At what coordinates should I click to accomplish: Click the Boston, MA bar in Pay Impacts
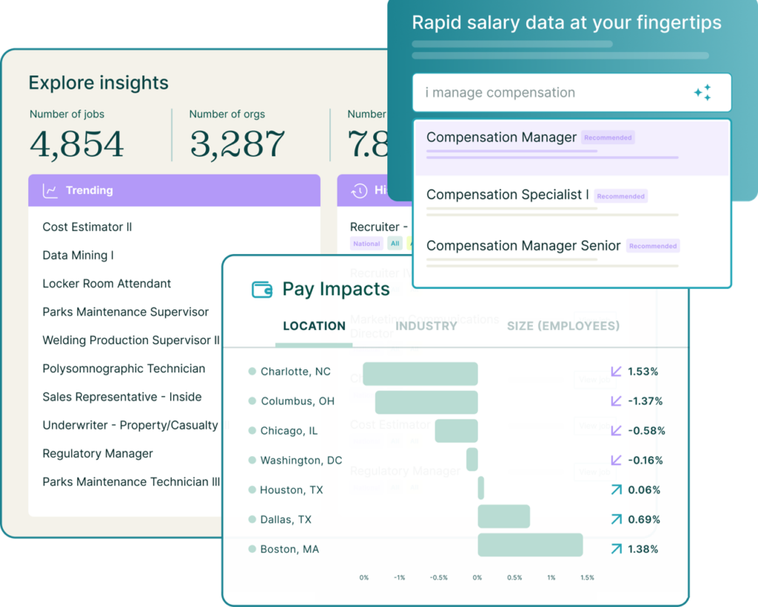pyautogui.click(x=530, y=545)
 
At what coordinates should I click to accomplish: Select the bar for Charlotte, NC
pyautogui.click(x=420, y=373)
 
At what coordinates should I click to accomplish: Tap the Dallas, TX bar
pyautogui.click(x=503, y=516)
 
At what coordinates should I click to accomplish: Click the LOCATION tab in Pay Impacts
pyautogui.click(x=314, y=326)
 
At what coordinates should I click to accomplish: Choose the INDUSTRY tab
pyautogui.click(x=426, y=326)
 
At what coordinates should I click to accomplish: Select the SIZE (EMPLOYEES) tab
pyautogui.click(x=563, y=326)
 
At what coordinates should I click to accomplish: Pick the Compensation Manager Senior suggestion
pyautogui.click(x=523, y=246)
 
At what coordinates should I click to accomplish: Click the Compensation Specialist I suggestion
pyautogui.click(x=508, y=195)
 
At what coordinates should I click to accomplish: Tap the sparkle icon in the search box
pyautogui.click(x=702, y=93)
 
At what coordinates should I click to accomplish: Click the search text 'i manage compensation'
pyautogui.click(x=500, y=93)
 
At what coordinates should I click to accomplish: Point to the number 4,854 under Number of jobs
pyautogui.click(x=77, y=144)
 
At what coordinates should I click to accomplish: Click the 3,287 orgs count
pyautogui.click(x=238, y=144)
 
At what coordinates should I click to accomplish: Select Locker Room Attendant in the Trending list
pyautogui.click(x=107, y=284)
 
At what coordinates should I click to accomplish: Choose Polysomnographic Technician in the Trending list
pyautogui.click(x=124, y=369)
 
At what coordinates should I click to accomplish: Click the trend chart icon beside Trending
pyautogui.click(x=50, y=191)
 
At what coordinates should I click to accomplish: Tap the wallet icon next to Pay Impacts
pyautogui.click(x=263, y=289)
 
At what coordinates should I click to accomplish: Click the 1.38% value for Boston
pyautogui.click(x=643, y=549)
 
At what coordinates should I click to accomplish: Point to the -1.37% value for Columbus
pyautogui.click(x=645, y=401)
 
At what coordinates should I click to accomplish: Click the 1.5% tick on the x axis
pyautogui.click(x=587, y=577)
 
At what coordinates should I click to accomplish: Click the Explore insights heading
pyautogui.click(x=98, y=83)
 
